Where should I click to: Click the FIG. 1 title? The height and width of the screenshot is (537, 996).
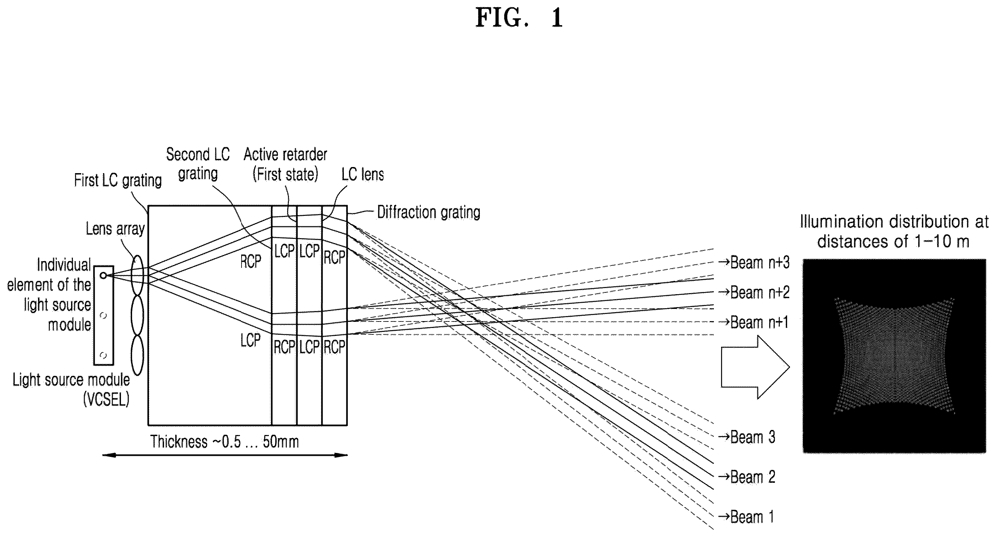coord(519,18)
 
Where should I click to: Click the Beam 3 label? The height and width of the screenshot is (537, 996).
coord(747,437)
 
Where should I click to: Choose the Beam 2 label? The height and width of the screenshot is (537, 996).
coord(747,477)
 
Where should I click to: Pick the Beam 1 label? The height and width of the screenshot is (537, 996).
coord(746,517)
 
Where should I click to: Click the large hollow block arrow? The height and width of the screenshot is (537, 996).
coord(755,367)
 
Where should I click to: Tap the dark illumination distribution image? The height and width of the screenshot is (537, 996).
coord(894,356)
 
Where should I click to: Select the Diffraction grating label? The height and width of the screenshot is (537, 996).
coord(429,212)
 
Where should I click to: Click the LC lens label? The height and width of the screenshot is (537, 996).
coord(363,175)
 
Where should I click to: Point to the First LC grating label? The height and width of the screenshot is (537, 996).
coord(118,180)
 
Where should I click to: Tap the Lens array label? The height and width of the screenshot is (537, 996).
coord(115,229)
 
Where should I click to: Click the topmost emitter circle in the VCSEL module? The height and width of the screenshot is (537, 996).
coord(103,276)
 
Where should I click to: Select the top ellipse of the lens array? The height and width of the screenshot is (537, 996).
coord(137,276)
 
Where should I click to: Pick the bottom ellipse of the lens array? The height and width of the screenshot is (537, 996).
coord(137,355)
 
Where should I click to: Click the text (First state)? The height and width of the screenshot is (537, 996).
coord(285,175)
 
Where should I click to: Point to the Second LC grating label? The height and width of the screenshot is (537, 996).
coord(198,164)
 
